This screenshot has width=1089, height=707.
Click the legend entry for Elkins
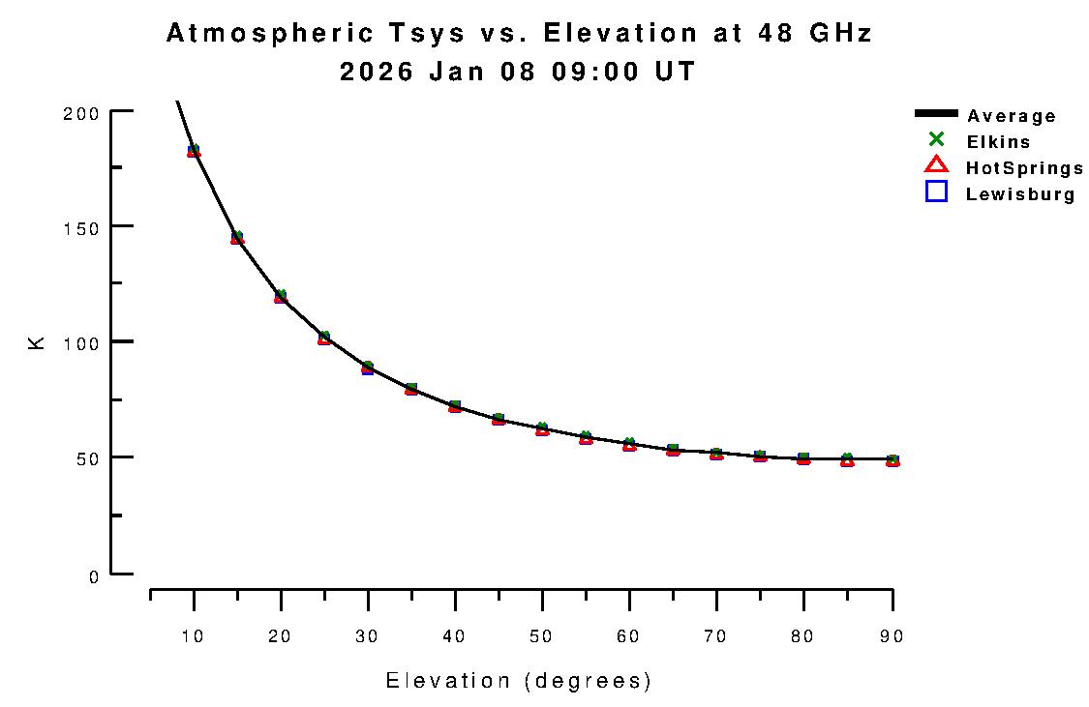point(998,142)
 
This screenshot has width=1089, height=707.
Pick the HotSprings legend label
point(1024,168)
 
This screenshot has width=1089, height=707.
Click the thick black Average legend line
point(936,115)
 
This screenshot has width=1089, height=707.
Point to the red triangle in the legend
point(936,165)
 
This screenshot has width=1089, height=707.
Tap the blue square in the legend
point(936,191)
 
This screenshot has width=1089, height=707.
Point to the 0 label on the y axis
point(94,576)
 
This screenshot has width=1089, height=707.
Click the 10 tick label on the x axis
point(194,636)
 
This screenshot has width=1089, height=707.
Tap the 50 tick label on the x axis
point(542,636)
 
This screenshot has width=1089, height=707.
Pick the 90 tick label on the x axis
point(891,636)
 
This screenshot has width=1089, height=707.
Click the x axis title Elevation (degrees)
point(519,681)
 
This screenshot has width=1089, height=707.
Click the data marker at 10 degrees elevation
point(194,150)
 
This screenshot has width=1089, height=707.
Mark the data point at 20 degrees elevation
point(281,296)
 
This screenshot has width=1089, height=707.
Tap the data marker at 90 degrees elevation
point(892,460)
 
